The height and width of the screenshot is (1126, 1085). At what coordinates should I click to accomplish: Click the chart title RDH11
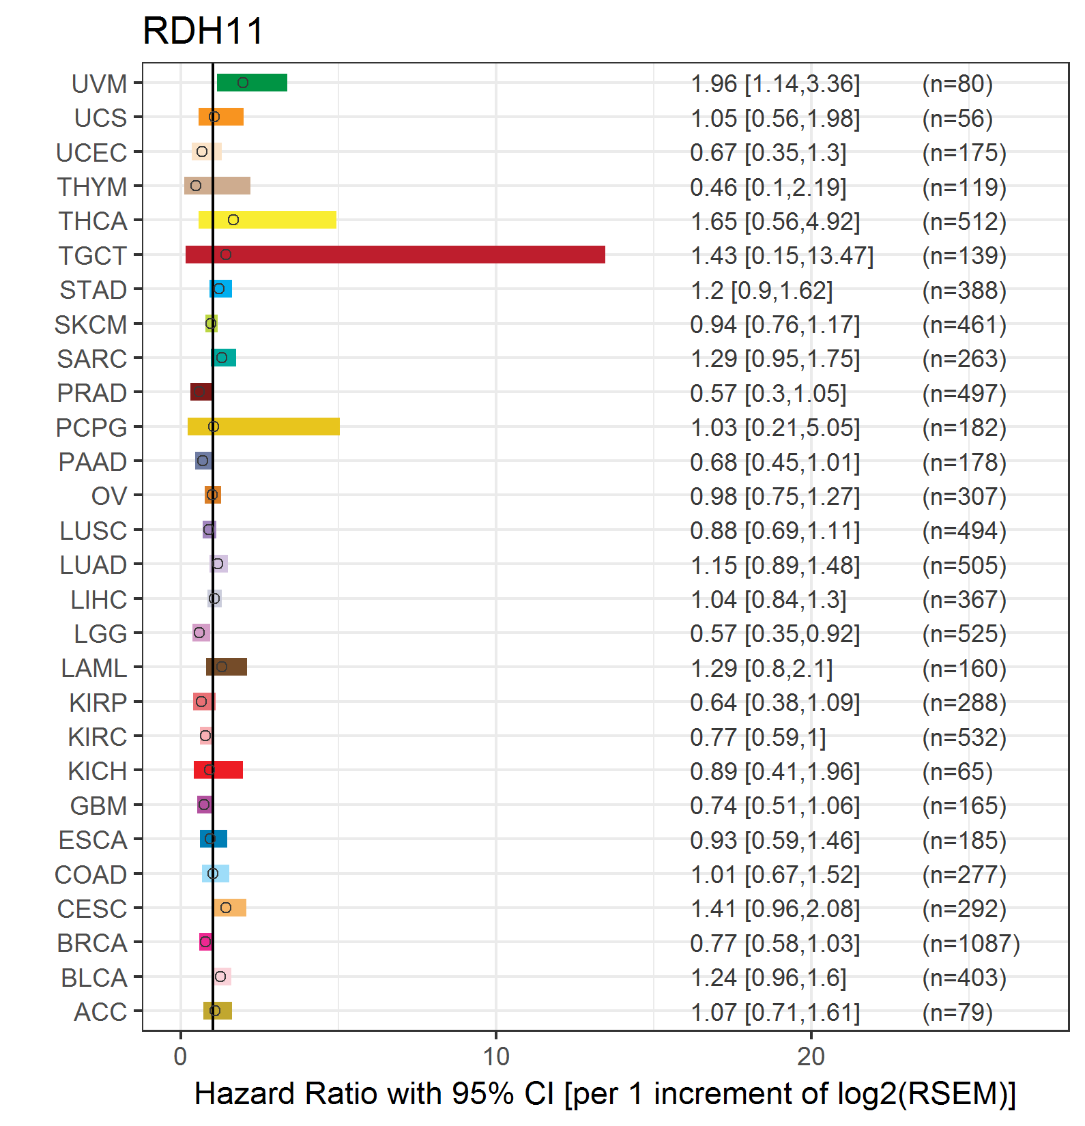pyautogui.click(x=203, y=31)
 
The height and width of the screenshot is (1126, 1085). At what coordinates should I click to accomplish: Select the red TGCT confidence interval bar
pyautogui.click(x=395, y=255)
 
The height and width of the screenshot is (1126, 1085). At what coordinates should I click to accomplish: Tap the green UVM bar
pyautogui.click(x=252, y=83)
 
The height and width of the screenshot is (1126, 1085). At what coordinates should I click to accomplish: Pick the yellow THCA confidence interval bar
pyautogui.click(x=267, y=220)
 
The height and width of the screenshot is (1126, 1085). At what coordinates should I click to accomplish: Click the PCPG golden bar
pyautogui.click(x=263, y=427)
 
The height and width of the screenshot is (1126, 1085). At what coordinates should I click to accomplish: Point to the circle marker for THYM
pyautogui.click(x=196, y=186)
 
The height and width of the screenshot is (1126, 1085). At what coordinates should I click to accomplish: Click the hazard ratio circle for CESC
pyautogui.click(x=226, y=908)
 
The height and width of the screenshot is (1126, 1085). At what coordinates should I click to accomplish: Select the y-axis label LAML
pyautogui.click(x=93, y=668)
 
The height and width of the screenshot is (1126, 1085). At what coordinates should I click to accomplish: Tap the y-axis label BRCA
pyautogui.click(x=92, y=943)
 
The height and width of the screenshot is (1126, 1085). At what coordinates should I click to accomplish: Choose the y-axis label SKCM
pyautogui.click(x=91, y=325)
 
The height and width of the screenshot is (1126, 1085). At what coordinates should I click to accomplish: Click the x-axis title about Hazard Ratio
pyautogui.click(x=605, y=1094)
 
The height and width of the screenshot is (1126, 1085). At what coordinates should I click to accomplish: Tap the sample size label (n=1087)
pyautogui.click(x=971, y=943)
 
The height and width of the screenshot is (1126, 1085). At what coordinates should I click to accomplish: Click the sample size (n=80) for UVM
pyautogui.click(x=957, y=84)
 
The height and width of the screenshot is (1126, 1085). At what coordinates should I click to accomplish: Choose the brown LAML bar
pyautogui.click(x=227, y=667)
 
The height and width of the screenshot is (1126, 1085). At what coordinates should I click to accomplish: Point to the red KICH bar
pyautogui.click(x=218, y=770)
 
